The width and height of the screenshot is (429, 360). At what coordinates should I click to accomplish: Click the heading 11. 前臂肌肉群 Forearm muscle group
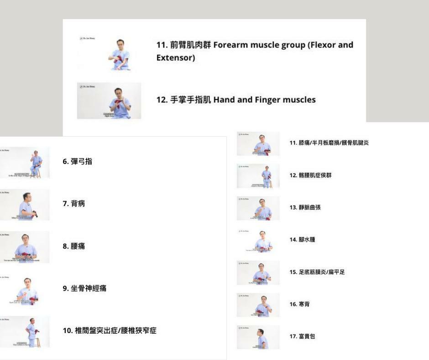click(x=255, y=46)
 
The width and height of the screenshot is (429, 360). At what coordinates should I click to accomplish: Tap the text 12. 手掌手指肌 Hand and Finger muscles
click(x=236, y=100)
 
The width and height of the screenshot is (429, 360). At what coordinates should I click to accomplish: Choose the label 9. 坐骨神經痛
click(x=84, y=289)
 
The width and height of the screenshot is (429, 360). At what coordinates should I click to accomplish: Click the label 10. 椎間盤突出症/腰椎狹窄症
click(x=110, y=331)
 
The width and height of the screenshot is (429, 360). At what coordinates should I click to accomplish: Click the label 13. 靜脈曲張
click(x=305, y=207)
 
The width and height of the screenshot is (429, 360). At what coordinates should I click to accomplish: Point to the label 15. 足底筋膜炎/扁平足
click(x=317, y=272)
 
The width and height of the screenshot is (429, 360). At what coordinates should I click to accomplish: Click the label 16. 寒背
click(x=299, y=304)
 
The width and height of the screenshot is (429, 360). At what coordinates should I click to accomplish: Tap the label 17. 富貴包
click(x=302, y=337)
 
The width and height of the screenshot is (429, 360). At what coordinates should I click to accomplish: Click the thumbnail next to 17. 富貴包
click(x=258, y=337)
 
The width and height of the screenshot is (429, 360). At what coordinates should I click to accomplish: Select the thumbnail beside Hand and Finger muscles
click(x=109, y=101)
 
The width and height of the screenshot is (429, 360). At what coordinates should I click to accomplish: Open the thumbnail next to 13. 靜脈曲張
click(x=258, y=208)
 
